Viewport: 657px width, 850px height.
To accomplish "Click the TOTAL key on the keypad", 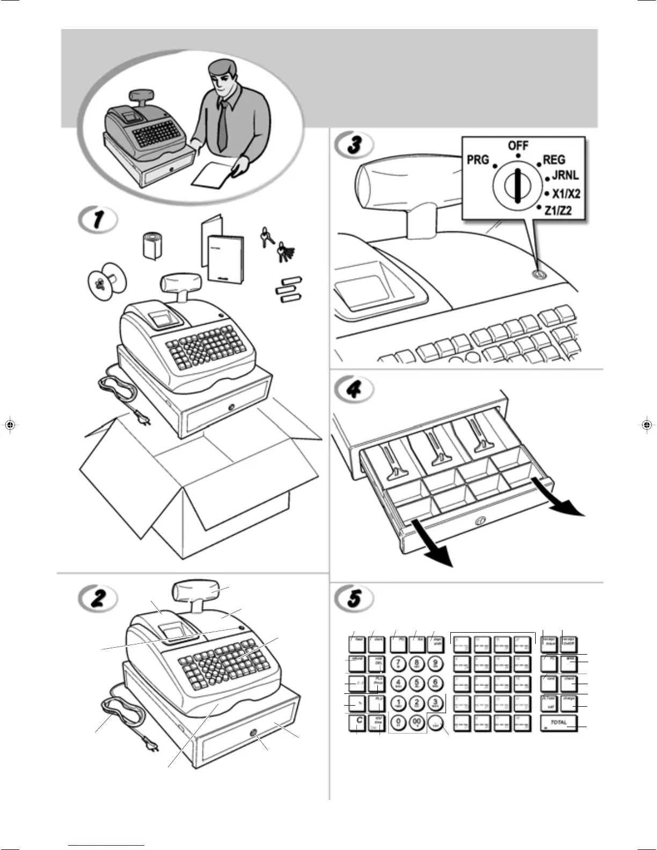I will pyautogui.click(x=559, y=723).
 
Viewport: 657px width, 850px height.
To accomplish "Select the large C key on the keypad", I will pyautogui.click(x=359, y=722).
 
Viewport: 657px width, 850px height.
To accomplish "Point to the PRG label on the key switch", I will pyautogui.click(x=478, y=160).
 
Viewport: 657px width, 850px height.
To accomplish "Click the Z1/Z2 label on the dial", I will pyautogui.click(x=558, y=211).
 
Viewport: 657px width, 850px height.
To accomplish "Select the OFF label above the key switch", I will pyautogui.click(x=518, y=146).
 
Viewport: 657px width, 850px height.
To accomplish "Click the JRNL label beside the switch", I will pyautogui.click(x=565, y=175).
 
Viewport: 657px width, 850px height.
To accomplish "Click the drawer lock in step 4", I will pyautogui.click(x=479, y=521).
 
